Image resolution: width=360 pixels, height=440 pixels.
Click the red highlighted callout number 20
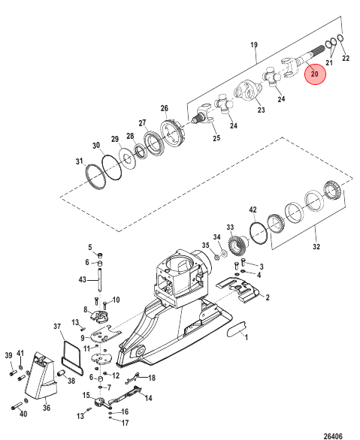coord(315,74)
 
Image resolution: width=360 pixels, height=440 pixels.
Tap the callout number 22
coord(346,58)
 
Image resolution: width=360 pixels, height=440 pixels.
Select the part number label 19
coord(254,44)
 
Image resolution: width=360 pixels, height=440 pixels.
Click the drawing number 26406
coord(333,436)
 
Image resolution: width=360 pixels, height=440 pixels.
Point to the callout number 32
coord(316,247)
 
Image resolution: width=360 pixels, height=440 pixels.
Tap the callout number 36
coord(47,407)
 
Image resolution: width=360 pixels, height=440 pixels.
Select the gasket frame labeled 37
coord(72,358)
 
